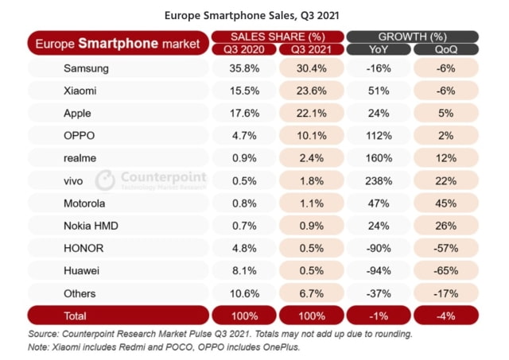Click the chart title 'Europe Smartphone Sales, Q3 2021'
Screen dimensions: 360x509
pyautogui.click(x=254, y=14)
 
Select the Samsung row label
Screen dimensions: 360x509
pyautogui.click(x=86, y=69)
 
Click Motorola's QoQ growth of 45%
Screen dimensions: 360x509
pyautogui.click(x=446, y=203)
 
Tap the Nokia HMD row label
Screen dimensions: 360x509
pyautogui.click(x=91, y=225)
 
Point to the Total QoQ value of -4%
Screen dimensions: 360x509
pyautogui.click(x=446, y=315)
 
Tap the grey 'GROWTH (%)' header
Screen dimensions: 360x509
pyautogui.click(x=412, y=37)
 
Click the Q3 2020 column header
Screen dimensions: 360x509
pyautogui.click(x=243, y=48)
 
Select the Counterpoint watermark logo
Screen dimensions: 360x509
pyautogui.click(x=152, y=180)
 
